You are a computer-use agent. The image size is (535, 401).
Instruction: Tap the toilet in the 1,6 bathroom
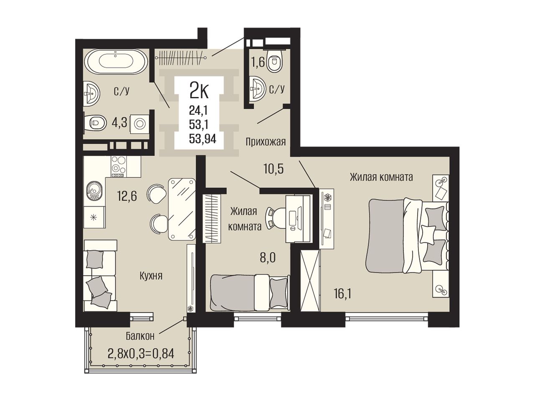pyautogui.click(x=275, y=61)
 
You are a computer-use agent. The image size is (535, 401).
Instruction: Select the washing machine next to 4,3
pyautogui.click(x=139, y=124)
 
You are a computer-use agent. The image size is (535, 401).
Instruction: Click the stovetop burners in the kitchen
pyautogui.click(x=119, y=166)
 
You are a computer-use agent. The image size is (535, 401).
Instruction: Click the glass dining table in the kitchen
pyautogui.click(x=182, y=209)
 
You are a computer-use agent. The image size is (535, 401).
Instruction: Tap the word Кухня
pyautogui.click(x=151, y=276)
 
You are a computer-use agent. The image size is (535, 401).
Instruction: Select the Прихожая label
pyautogui.click(x=265, y=142)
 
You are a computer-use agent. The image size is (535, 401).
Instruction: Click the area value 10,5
pyautogui.click(x=274, y=169)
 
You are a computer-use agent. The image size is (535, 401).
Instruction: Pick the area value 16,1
pyautogui.click(x=342, y=294)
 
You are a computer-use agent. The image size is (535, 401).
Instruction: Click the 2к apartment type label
pyautogui.click(x=199, y=91)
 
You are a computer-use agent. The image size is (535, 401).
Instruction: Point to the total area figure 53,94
pyautogui.click(x=203, y=139)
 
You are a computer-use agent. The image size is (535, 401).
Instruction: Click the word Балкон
pyautogui.click(x=140, y=336)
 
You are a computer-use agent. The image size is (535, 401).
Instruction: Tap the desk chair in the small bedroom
pyautogui.click(x=275, y=218)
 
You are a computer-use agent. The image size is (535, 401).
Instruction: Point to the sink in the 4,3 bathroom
pyautogui.click(x=92, y=93)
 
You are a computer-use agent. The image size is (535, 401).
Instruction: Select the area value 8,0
pyautogui.click(x=268, y=258)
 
